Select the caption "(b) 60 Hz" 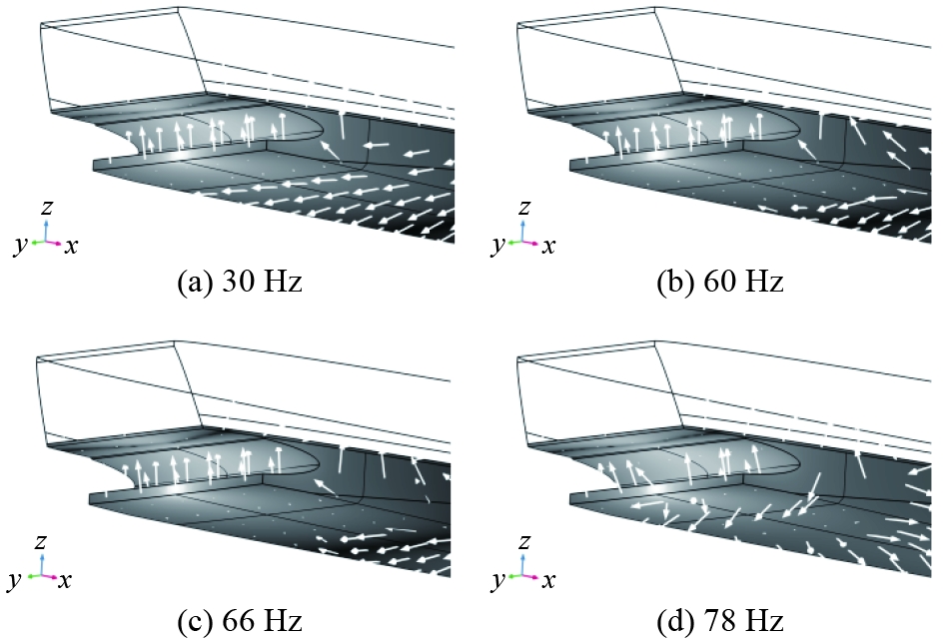coord(718,283)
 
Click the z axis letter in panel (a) coord(45,207)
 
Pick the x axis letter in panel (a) coord(72,246)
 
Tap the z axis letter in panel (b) coord(524,207)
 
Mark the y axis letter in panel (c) coord(20,581)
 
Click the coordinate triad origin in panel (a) coord(45,242)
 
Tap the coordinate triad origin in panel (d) coord(524,577)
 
